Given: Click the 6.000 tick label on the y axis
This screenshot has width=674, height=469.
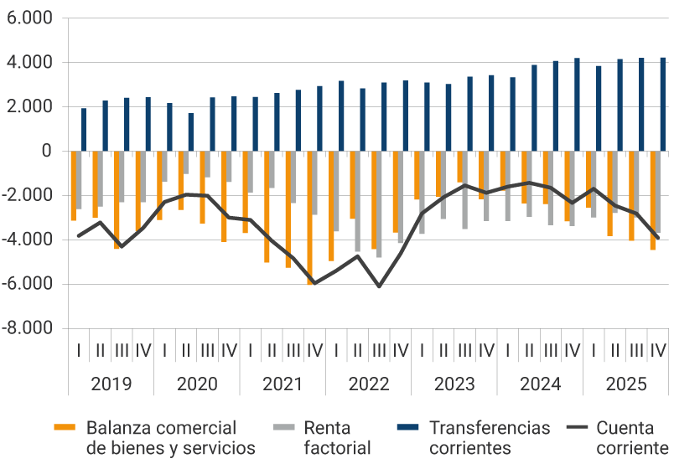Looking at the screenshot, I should click(x=29, y=18).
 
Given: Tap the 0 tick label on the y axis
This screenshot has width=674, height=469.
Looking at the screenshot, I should click(x=46, y=152).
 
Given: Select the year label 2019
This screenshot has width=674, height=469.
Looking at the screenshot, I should click(x=111, y=384).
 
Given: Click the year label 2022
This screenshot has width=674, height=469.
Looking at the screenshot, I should click(x=369, y=384).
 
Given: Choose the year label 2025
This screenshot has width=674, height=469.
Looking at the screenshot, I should click(x=626, y=384).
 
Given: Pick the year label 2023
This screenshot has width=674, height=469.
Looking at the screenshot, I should click(x=454, y=384).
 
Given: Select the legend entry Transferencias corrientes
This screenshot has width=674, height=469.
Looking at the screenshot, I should click(x=490, y=437).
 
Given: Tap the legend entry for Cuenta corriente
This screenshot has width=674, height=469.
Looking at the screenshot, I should click(x=634, y=437).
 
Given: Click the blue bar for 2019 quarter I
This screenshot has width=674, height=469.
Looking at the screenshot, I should click(x=84, y=130).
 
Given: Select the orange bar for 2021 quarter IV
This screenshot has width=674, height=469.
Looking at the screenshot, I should click(x=309, y=218).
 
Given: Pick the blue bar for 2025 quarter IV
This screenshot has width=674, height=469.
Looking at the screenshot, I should click(x=663, y=105).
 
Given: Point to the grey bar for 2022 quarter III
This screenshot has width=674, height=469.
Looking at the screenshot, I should click(x=380, y=204).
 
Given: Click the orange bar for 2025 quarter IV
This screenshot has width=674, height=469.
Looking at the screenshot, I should click(x=653, y=200).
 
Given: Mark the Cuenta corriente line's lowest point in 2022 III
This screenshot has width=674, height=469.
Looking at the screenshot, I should click(x=379, y=286).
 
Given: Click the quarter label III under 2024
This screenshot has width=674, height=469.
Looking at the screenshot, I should click(x=551, y=349).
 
